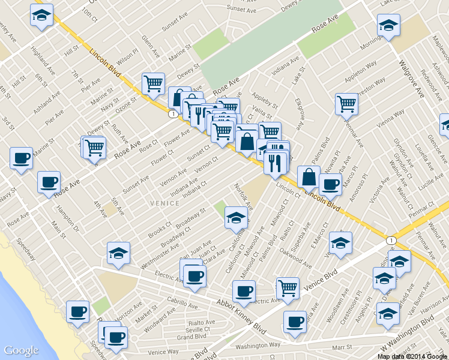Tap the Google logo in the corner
point(21,350)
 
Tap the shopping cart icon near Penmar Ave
point(346,104)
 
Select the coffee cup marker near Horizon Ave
point(77,311)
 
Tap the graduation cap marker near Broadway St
point(236,217)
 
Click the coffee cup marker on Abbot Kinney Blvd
point(244,292)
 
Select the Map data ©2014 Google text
point(412,356)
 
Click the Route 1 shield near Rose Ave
point(172,113)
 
